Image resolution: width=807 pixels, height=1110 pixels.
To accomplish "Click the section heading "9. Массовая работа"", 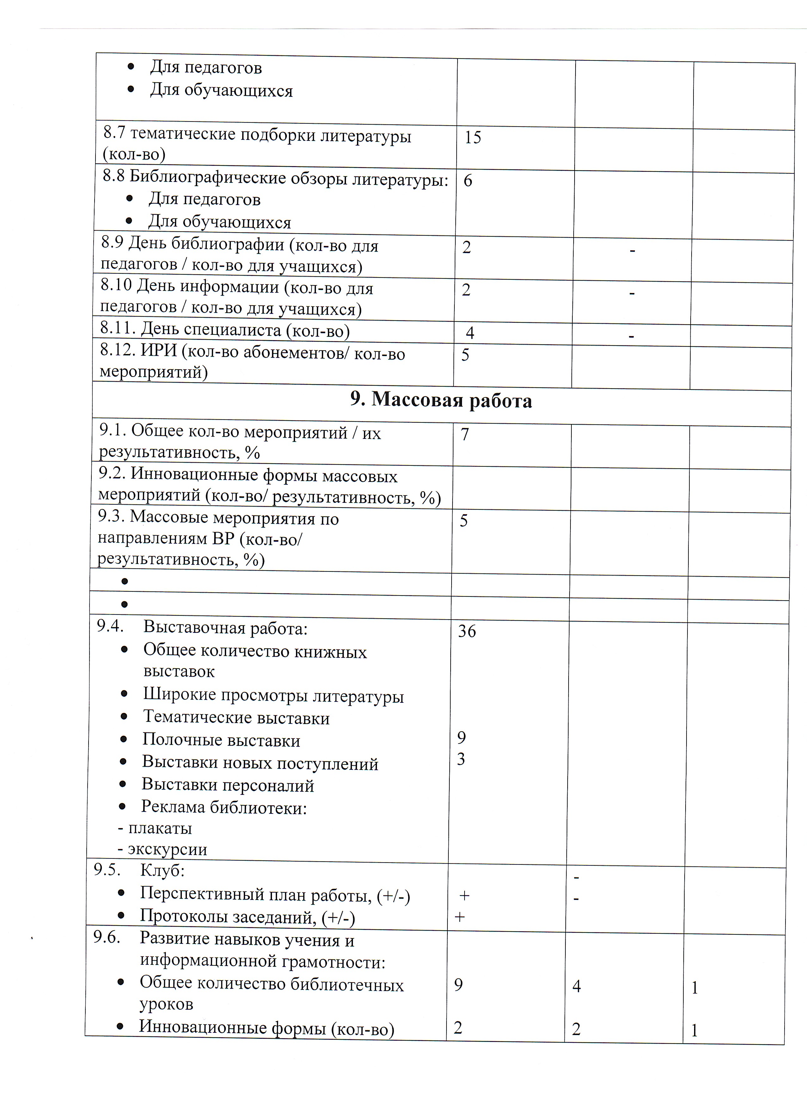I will pos(441,400).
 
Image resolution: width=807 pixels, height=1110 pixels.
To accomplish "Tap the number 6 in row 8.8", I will pos(468,181).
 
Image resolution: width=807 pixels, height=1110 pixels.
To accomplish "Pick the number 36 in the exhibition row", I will pos(467,631).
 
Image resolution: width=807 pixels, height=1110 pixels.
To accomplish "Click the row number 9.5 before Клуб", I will pos(107,870).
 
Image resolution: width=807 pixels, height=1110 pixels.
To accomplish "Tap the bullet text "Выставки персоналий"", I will pos(227,785).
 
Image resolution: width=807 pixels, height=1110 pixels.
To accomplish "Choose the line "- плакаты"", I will pos(155,828).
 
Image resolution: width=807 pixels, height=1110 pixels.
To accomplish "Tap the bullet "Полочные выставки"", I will pos(221,740).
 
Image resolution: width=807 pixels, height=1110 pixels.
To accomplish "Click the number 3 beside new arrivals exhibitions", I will pos(461,759).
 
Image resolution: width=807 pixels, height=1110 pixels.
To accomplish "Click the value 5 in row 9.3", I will pos(464,520).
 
